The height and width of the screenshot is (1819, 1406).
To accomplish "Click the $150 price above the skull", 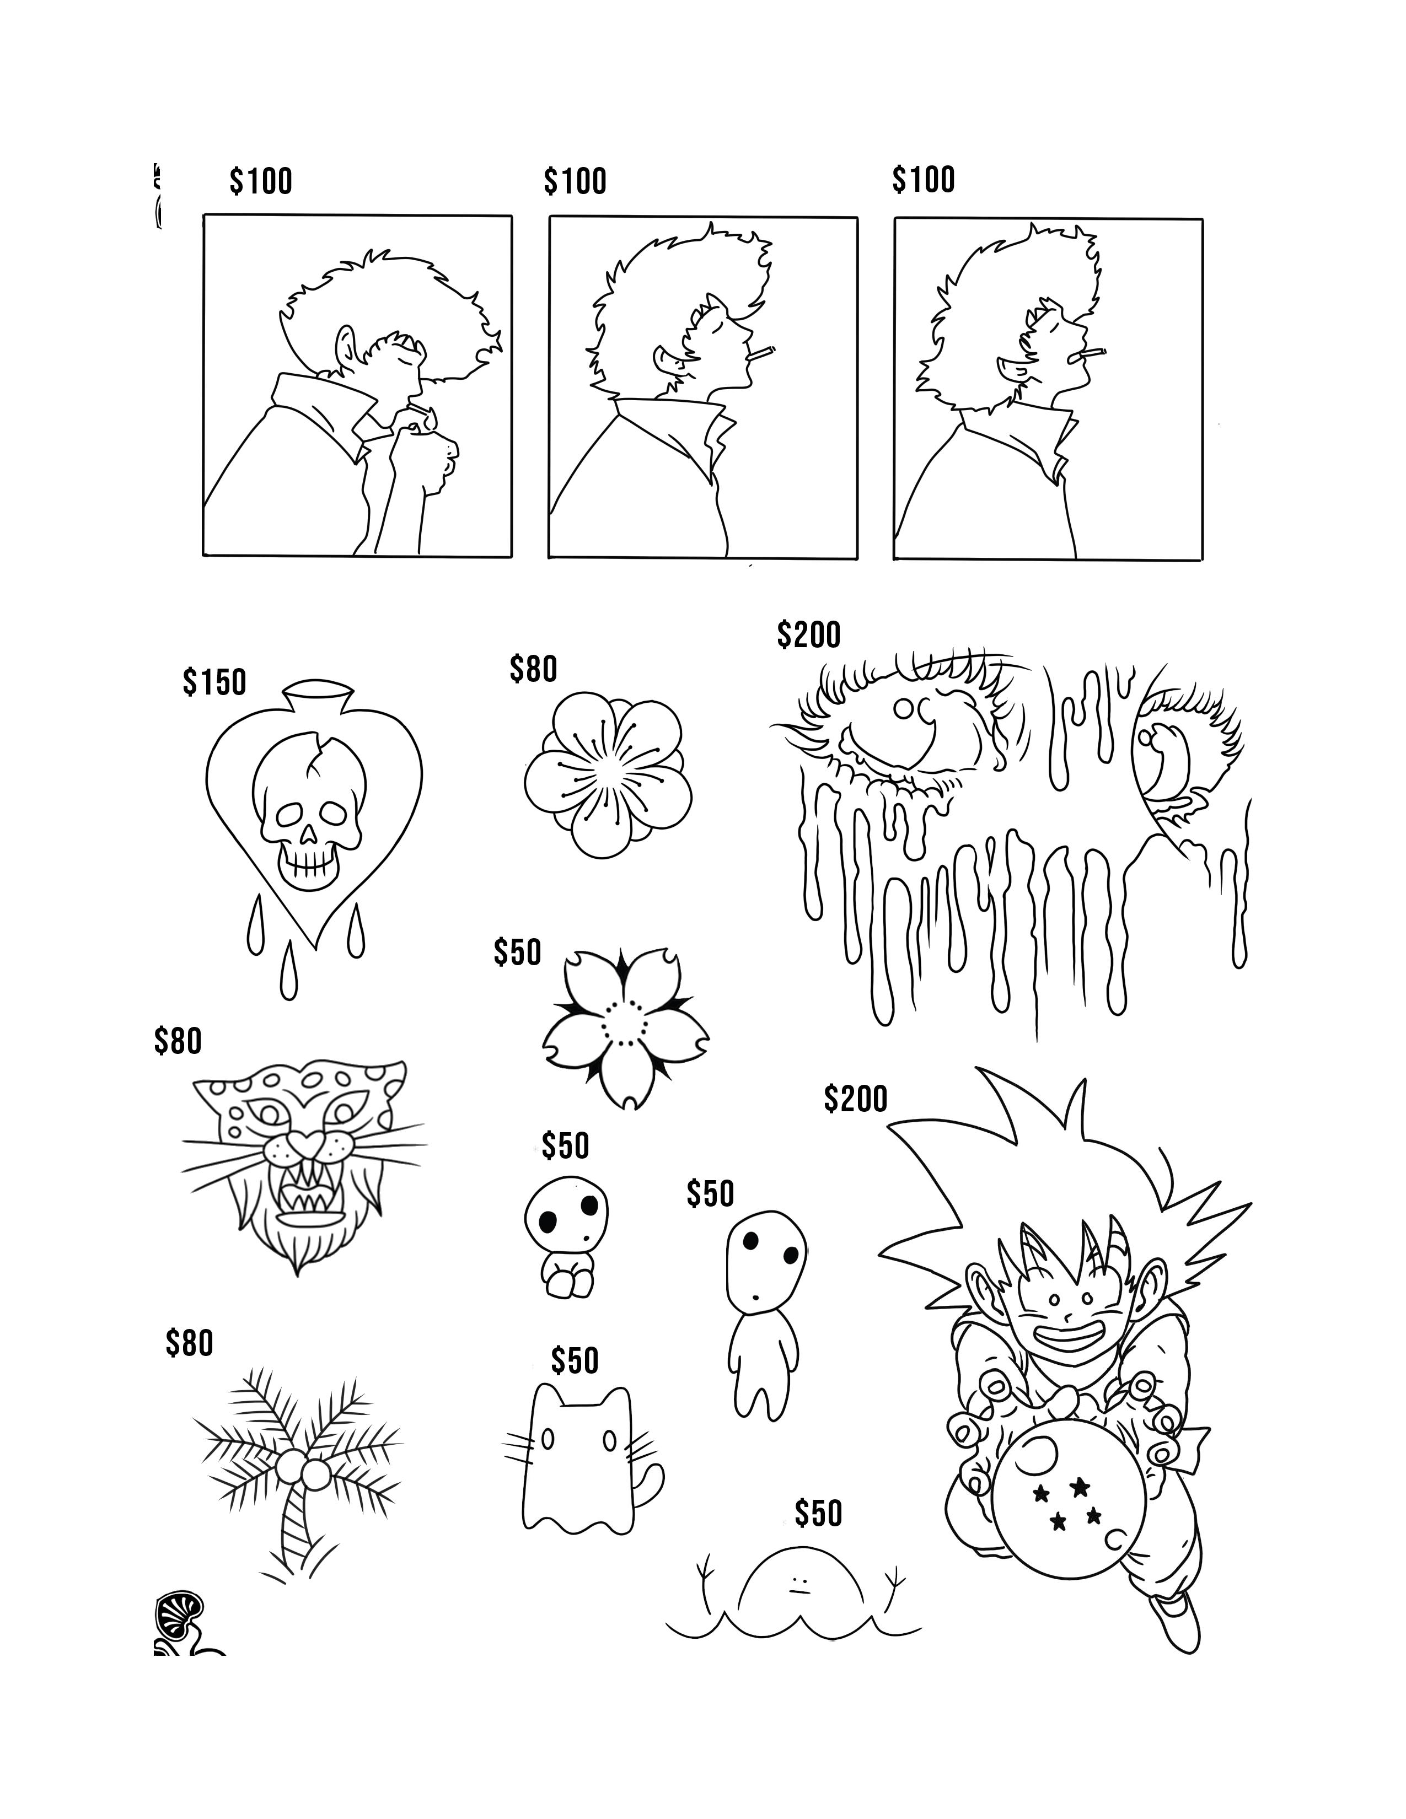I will [x=215, y=682].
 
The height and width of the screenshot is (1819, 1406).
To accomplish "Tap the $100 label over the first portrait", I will [x=261, y=181].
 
